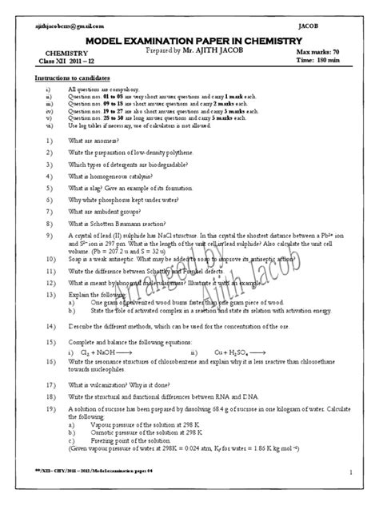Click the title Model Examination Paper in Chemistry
189,41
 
